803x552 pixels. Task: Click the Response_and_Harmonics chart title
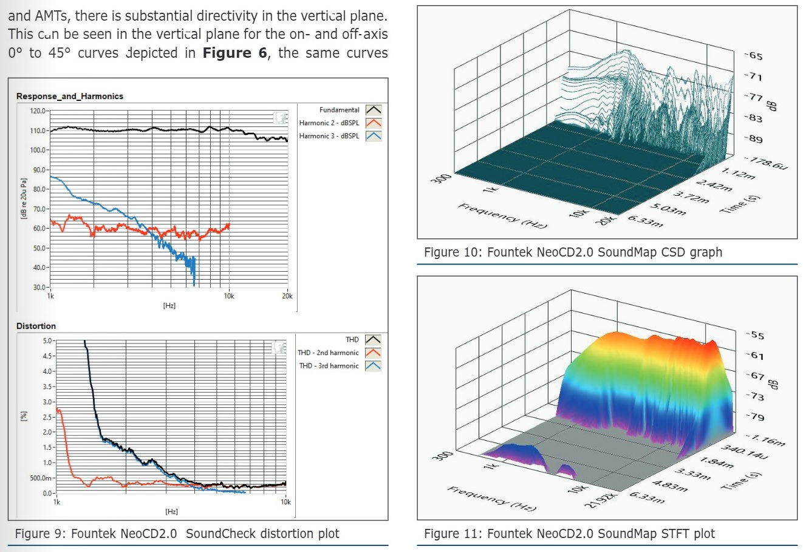69,96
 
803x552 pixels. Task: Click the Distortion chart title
36,326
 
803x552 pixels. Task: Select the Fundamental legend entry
339,110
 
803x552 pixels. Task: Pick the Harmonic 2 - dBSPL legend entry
329,123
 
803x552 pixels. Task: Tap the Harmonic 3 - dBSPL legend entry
329,136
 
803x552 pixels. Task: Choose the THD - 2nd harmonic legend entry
328,353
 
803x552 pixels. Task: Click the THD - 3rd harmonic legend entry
329,366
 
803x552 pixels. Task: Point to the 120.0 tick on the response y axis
38,111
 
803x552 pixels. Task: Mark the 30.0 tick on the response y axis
40,287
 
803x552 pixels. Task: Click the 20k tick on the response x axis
287,296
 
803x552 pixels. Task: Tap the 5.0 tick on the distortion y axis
48,341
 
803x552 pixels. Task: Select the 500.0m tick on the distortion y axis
41,478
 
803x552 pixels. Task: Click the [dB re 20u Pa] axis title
24,199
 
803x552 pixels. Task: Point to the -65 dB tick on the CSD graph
754,56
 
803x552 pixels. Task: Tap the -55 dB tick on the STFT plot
756,336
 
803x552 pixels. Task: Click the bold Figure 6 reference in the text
234,53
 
